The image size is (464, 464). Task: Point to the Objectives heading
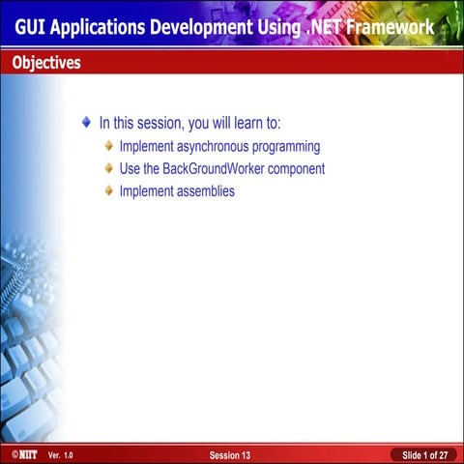[x=46, y=64]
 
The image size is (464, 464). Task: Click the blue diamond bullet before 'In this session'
[x=87, y=123]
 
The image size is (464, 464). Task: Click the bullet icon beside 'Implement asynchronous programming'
[x=109, y=147]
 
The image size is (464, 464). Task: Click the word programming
[x=287, y=148]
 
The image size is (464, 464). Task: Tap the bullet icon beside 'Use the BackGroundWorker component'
[x=109, y=169]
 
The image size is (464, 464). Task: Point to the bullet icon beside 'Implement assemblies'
[x=109, y=191]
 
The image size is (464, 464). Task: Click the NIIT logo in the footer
[x=19, y=454]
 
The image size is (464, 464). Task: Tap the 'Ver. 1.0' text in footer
[x=60, y=454]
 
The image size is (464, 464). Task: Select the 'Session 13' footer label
[x=230, y=454]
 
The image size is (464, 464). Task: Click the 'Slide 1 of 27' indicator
[x=424, y=454]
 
